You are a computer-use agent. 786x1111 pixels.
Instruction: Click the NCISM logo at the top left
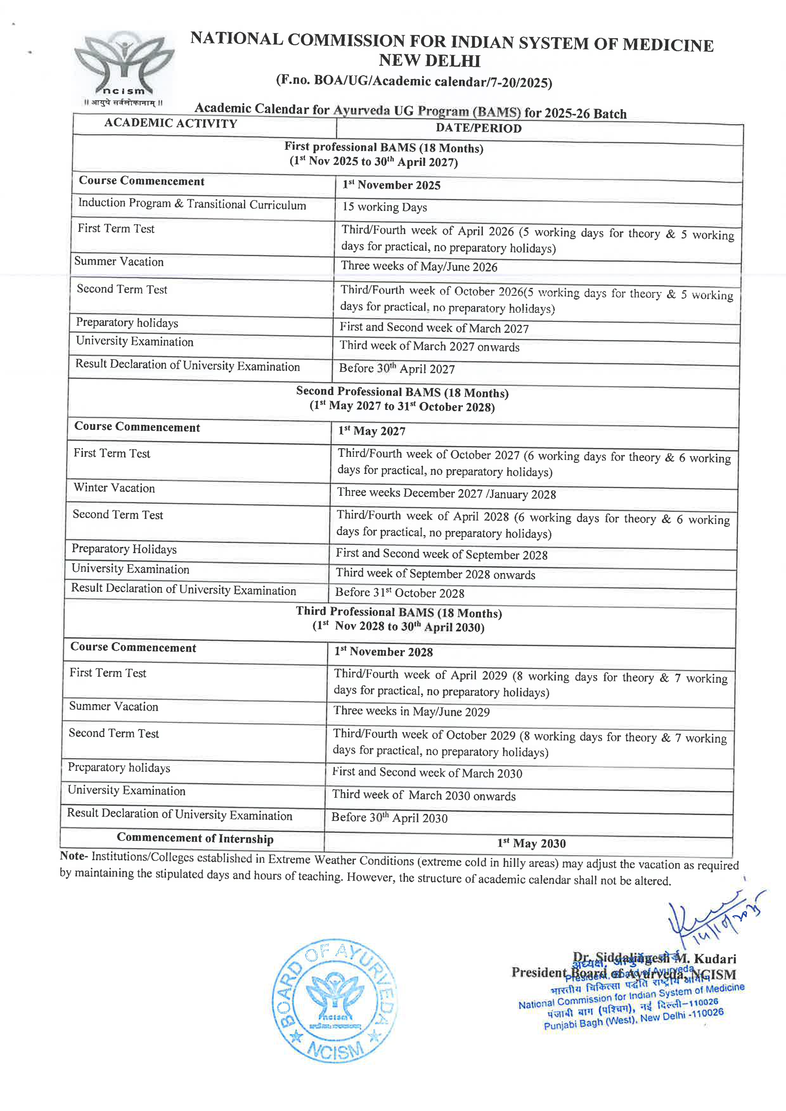tap(124, 68)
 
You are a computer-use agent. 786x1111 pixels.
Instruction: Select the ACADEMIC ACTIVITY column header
tap(171, 123)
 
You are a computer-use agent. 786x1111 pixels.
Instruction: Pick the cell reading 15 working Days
tap(385, 207)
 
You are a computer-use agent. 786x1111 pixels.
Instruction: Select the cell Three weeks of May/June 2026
tap(419, 266)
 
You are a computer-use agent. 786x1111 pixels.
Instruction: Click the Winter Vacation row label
tap(114, 488)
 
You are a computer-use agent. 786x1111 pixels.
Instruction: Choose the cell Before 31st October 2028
tap(400, 593)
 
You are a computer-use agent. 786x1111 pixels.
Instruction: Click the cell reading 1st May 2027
tap(372, 431)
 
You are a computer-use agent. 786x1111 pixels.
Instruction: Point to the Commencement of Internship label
tap(195, 838)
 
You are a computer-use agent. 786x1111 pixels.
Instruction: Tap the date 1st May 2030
tap(532, 843)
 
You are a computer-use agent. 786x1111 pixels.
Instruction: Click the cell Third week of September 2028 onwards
tap(435, 574)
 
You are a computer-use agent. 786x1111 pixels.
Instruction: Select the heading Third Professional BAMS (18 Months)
tap(399, 612)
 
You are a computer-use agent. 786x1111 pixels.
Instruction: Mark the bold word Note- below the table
tap(74, 856)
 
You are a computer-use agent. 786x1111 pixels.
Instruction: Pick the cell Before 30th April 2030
tap(389, 818)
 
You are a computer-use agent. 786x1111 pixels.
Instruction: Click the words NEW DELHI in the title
tap(429, 61)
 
